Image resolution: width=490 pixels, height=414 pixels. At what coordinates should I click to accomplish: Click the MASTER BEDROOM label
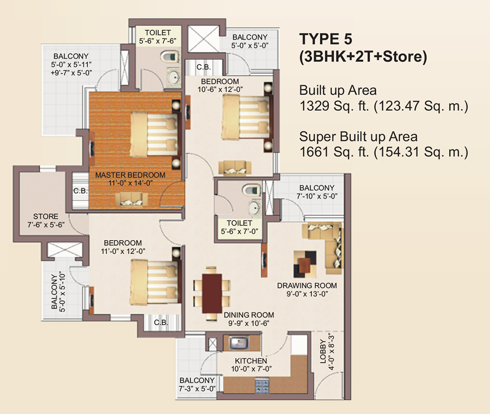point(130,175)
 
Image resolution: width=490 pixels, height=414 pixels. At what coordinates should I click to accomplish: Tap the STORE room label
point(46,216)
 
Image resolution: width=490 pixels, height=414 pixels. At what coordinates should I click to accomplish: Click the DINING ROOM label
point(248,315)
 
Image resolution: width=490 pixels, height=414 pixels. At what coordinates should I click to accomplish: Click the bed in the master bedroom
point(153,129)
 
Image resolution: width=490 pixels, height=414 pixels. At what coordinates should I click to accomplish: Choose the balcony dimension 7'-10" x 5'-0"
point(317,196)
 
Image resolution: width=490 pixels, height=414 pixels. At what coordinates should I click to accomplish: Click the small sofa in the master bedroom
point(131,198)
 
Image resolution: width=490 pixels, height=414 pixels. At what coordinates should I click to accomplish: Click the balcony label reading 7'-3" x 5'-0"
point(197,388)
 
